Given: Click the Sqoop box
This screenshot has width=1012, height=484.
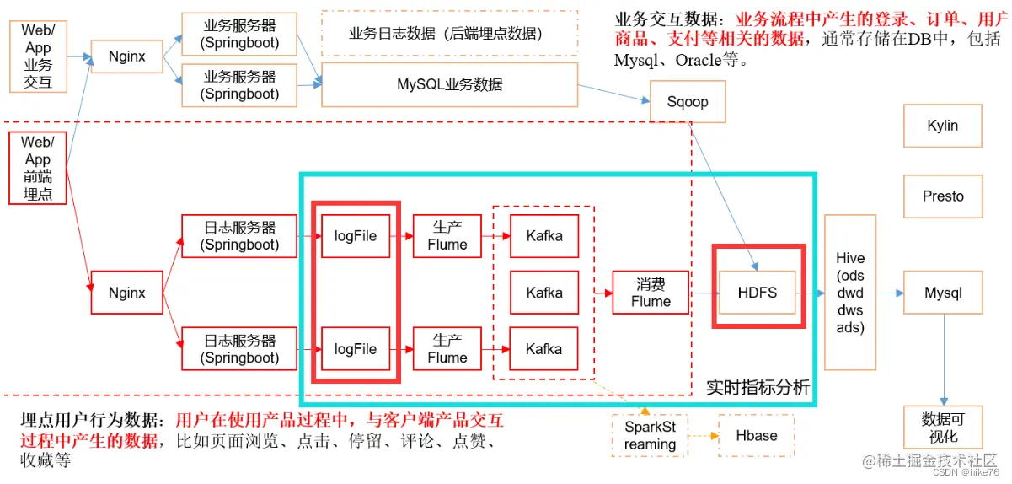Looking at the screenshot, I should pos(688,102).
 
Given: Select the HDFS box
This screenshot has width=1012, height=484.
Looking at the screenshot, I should pos(756,293).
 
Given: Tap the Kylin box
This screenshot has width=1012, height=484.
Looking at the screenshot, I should pos(942,126).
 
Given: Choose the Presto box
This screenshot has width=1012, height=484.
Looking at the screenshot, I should pos(942,196).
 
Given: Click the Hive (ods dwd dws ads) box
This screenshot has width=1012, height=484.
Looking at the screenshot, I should pos(850,293).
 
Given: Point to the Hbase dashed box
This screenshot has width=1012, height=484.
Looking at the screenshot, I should pos(756,435).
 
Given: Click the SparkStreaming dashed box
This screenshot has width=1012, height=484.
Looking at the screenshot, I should pos(650,435).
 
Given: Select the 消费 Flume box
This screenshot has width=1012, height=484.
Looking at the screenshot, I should pos(651,293).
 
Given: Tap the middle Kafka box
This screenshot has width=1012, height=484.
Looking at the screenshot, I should pos(543,293).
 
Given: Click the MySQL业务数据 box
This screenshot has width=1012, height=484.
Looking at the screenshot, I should pos(449,84).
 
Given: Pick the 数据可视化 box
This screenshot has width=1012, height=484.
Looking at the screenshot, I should pos(942,428).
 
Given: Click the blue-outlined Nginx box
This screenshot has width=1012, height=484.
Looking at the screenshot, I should pos(126,57).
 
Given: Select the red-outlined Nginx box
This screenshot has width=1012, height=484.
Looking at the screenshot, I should pos(126,293).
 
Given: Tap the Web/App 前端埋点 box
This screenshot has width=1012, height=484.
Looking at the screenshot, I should pos(38,169).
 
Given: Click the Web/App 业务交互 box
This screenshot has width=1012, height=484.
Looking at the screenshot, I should pos(38,56).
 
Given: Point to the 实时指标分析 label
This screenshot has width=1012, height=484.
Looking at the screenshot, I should pos(758,387).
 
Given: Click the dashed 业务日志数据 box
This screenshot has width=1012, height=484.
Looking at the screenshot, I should pos(449,34).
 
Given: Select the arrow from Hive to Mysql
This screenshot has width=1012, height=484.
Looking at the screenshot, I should pos(889,293).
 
